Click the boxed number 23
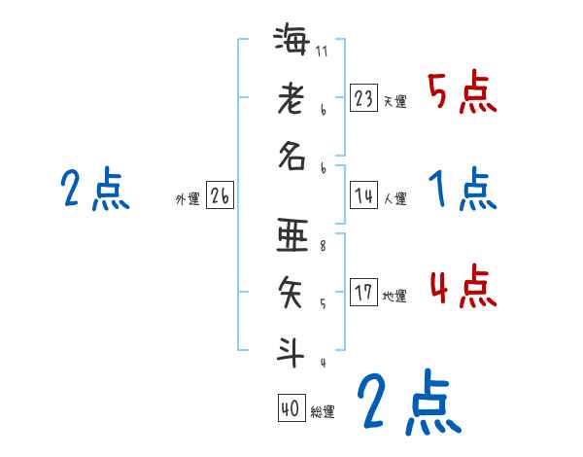[x=364, y=98]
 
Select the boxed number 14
[x=364, y=196]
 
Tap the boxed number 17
[x=364, y=293]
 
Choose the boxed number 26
[x=220, y=196]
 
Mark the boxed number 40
[x=291, y=409]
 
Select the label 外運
[x=187, y=199]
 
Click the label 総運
[x=323, y=412]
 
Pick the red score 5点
[x=462, y=93]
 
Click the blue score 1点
[x=462, y=190]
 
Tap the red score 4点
[x=462, y=288]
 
